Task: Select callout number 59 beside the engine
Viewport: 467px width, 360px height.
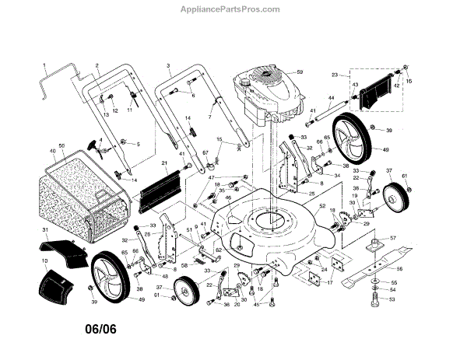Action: (298, 72)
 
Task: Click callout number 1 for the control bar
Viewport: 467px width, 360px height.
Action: (44, 65)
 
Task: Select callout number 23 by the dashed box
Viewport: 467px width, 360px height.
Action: (335, 75)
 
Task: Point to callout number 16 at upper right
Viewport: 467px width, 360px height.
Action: (409, 81)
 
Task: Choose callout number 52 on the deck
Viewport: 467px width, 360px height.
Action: (321, 205)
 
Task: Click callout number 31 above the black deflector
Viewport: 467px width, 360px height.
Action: (44, 231)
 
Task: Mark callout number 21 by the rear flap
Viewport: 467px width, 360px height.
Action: (165, 163)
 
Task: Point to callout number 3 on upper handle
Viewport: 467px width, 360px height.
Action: (168, 65)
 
